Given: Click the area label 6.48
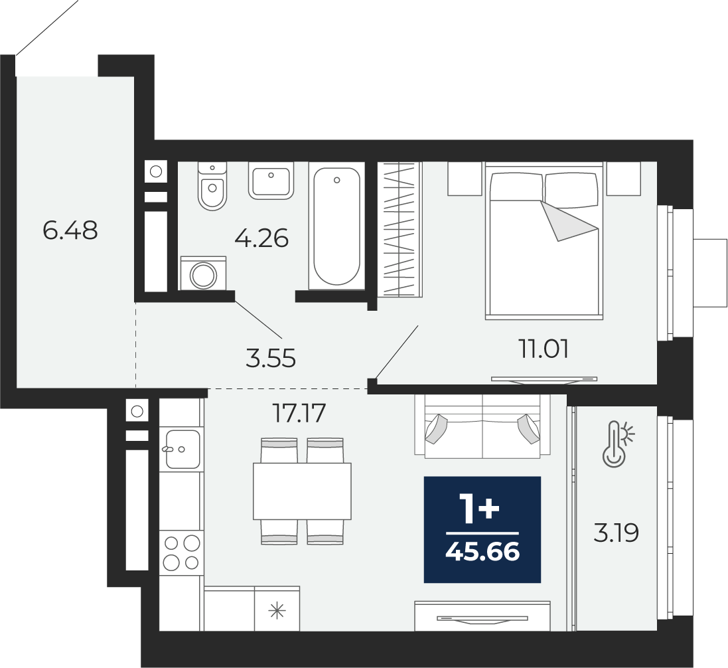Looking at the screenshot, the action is pos(70,230).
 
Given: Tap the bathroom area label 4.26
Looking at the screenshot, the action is pos(261,238).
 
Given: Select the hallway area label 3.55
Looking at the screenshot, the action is pos(271,359).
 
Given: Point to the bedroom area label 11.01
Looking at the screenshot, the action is pos(544,349).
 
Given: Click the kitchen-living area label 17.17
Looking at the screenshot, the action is pos(299,413).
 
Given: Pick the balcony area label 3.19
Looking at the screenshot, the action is pos(616,533).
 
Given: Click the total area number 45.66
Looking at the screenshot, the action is pos(482,552).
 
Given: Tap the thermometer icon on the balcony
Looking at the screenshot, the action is pos(617,444).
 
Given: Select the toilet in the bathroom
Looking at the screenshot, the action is pos(212,186).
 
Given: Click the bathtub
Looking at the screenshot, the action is pos(336,226).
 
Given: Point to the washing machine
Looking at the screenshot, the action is pos(203,273).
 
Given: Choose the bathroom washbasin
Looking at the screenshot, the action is pos(271,181).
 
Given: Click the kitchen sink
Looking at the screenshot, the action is pos(182,449).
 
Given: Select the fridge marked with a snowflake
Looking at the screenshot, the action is pos(277,609).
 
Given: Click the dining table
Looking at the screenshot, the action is pos(302,491).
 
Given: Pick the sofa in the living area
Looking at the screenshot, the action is pos(482,426).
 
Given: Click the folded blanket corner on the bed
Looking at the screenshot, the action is pos(569,221).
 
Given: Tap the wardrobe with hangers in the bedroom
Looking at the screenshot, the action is pos(400,230).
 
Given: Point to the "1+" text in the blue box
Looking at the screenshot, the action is pos(479,509).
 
